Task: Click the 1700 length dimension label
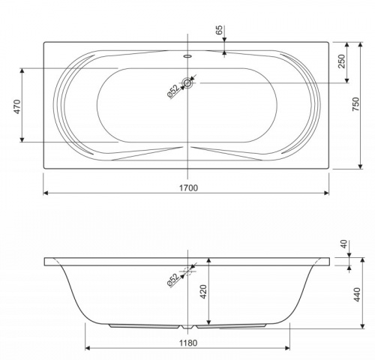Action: (x=188, y=187)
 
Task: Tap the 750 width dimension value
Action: (x=355, y=104)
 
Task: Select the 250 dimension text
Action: (x=341, y=61)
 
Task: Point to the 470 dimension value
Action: (x=17, y=106)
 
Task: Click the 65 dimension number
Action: (x=219, y=30)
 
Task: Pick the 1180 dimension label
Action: (x=188, y=343)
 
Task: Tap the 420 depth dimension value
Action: (x=204, y=292)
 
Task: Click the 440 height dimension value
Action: (x=357, y=295)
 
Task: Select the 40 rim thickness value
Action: (x=344, y=244)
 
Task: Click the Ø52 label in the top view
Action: (x=173, y=91)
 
